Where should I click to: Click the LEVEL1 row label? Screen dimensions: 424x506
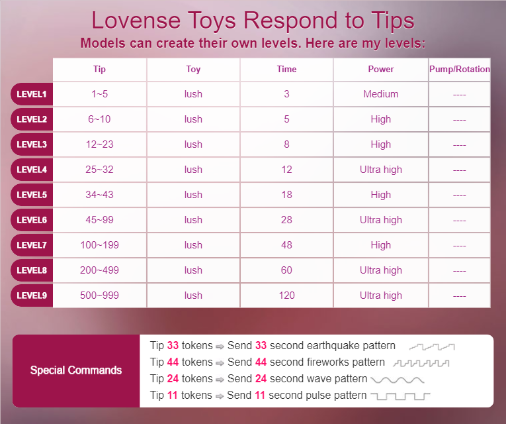(x=32, y=94)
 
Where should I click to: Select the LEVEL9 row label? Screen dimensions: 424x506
(x=32, y=295)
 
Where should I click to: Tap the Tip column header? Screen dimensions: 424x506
(x=100, y=69)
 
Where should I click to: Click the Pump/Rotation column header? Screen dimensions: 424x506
(x=460, y=69)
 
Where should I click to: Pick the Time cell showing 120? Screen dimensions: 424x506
(x=286, y=295)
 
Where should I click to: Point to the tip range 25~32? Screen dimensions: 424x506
(x=100, y=170)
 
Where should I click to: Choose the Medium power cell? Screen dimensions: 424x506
(x=381, y=94)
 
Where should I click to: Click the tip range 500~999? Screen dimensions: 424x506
(x=100, y=295)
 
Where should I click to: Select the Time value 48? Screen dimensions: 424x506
(x=286, y=245)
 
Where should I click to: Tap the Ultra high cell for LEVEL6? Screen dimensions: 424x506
(x=381, y=220)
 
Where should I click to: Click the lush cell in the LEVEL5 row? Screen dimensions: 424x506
(x=193, y=195)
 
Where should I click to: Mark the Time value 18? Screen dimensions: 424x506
(x=286, y=195)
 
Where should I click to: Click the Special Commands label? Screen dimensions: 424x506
(x=76, y=370)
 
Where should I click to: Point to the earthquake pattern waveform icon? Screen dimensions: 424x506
(x=432, y=346)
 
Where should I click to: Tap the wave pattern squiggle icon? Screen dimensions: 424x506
(x=398, y=380)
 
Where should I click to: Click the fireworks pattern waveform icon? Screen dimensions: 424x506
(x=421, y=363)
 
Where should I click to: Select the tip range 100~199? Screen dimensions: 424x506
(x=100, y=245)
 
